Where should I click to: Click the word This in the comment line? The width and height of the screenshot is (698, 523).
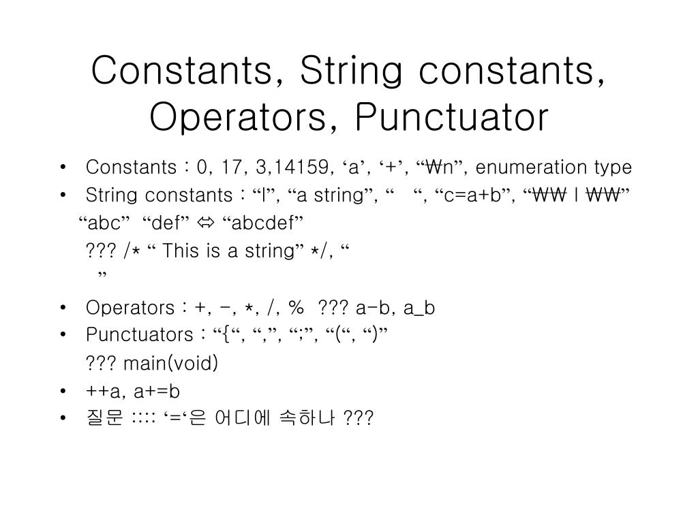181,251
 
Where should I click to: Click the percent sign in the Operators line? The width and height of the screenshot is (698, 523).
295,308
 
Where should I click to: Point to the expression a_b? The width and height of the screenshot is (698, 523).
419,308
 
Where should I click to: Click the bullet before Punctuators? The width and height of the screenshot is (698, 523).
63,336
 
